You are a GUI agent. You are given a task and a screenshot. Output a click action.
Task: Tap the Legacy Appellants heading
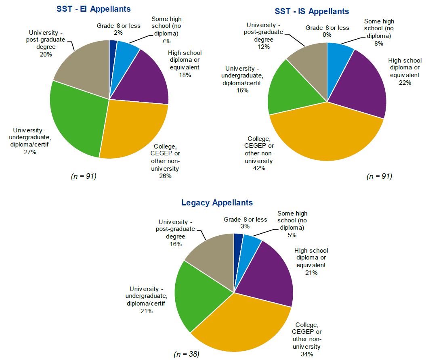(x=217, y=203)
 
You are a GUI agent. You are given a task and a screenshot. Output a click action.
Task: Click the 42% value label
(x=259, y=168)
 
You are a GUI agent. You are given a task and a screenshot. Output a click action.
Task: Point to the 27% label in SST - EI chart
(x=30, y=152)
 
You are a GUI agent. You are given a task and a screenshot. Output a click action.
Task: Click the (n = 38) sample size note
(x=187, y=354)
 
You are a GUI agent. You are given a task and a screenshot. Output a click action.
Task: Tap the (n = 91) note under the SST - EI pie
(x=83, y=176)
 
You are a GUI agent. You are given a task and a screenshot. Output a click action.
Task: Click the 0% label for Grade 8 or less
(x=327, y=35)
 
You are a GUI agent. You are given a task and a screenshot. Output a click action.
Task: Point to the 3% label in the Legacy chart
(x=245, y=227)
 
